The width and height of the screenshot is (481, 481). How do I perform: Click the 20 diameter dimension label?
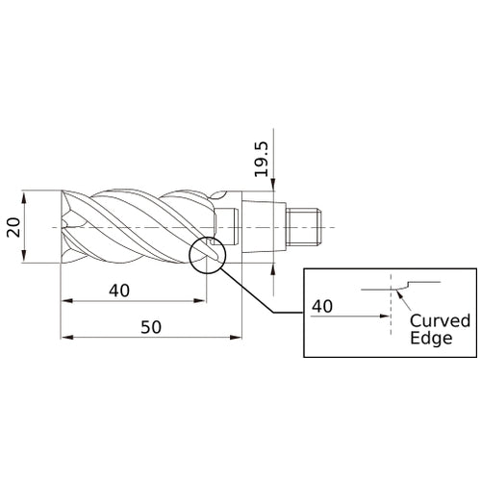pyautogui.click(x=13, y=227)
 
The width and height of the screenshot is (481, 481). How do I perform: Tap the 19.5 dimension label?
pyautogui.click(x=262, y=159)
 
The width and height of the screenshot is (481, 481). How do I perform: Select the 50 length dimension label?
pyautogui.click(x=151, y=327)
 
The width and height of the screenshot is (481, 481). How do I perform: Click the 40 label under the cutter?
pyautogui.click(x=119, y=291)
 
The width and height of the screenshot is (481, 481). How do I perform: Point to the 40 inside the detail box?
pyautogui.click(x=322, y=306)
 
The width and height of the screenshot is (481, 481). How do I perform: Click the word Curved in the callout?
pyautogui.click(x=440, y=320)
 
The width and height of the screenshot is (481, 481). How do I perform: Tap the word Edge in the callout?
pyautogui.click(x=431, y=338)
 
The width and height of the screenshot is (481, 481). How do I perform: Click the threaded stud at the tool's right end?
pyautogui.click(x=304, y=227)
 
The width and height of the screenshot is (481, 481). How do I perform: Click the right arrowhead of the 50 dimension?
pyautogui.click(x=237, y=338)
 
